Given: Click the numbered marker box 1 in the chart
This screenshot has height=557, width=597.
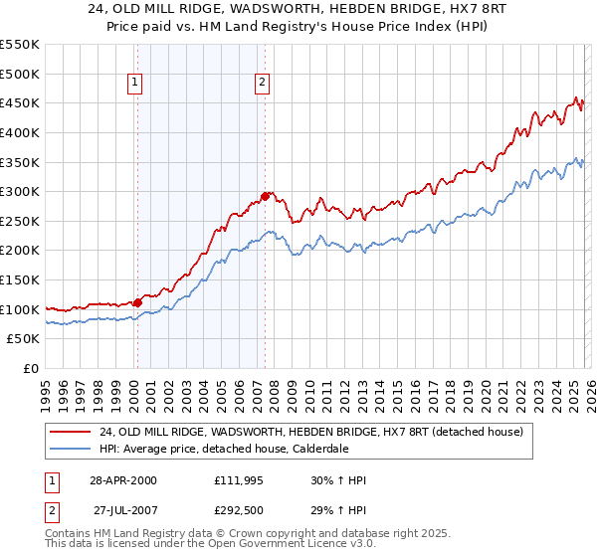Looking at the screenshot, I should [x=135, y=85].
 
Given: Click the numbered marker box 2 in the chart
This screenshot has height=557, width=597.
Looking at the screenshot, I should [x=262, y=85].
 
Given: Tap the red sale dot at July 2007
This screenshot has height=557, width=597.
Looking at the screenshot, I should [x=265, y=196].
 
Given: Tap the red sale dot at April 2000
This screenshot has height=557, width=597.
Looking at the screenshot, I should [x=137, y=302].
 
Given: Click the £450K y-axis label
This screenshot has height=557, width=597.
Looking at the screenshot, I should [x=20, y=102].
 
